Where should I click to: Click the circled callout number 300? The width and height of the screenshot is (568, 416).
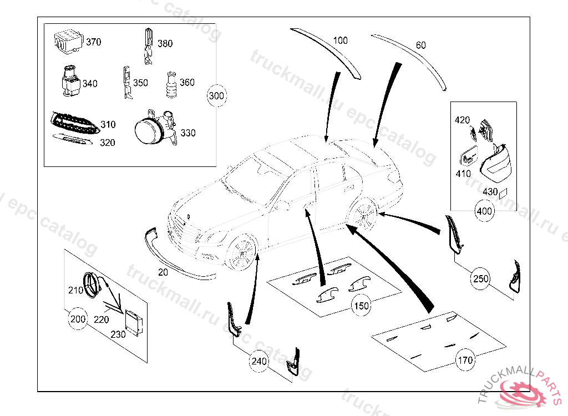pyautogui.click(x=216, y=96)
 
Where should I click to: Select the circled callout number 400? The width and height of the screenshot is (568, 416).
pyautogui.click(x=485, y=211)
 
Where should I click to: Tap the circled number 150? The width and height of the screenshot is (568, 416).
pyautogui.click(x=361, y=305)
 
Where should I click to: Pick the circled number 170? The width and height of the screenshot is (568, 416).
pyautogui.click(x=465, y=360)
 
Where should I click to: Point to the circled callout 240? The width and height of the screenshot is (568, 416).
pyautogui.click(x=259, y=362)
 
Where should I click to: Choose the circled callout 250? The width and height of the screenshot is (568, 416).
pyautogui.click(x=480, y=278)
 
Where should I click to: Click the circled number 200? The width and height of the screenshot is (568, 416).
pyautogui.click(x=78, y=319)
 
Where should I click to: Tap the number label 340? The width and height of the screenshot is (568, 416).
pyautogui.click(x=90, y=84)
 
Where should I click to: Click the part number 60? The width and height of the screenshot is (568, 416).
pyautogui.click(x=421, y=45)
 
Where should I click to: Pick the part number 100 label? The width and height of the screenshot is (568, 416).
pyautogui.click(x=341, y=40)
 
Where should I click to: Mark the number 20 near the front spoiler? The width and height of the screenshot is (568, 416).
pyautogui.click(x=163, y=272)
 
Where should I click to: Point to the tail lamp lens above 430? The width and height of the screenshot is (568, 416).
pyautogui.click(x=498, y=163)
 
